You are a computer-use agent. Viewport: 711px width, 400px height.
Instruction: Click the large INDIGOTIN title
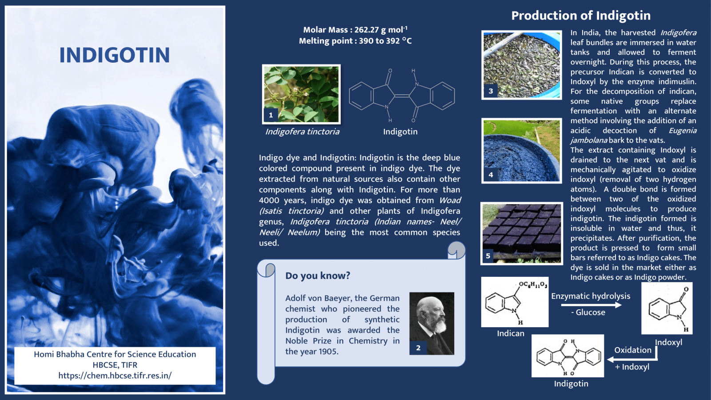tap(115, 55)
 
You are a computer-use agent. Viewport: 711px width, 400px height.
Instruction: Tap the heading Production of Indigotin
tap(581, 16)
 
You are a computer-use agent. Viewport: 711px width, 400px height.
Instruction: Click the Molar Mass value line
tap(355, 30)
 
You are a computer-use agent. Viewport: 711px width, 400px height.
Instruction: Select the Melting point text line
tap(355, 41)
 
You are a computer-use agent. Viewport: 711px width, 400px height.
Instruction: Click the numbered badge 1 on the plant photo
tap(271, 115)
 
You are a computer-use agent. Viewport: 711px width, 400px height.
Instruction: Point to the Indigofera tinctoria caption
tap(302, 132)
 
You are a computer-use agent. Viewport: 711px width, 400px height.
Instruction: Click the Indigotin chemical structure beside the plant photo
tap(402, 96)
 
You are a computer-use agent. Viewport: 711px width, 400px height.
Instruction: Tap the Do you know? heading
tap(318, 276)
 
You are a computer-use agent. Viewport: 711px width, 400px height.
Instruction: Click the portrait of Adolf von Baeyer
tap(432, 320)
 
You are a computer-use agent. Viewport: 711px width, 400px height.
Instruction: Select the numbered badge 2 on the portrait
tap(418, 348)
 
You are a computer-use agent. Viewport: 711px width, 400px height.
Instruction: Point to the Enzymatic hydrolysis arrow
tap(591, 305)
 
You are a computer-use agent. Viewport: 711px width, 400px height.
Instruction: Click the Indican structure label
tap(511, 333)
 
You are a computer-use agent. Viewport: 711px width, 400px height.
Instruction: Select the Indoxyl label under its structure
tap(668, 342)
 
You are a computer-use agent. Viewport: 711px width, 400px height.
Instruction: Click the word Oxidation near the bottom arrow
tap(633, 350)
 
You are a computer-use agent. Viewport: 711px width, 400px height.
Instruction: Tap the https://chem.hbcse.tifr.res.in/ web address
tap(115, 376)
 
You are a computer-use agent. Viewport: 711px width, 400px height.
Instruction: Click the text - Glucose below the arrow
tap(588, 312)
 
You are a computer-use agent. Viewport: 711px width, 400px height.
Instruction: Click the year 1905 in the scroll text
tap(328, 352)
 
